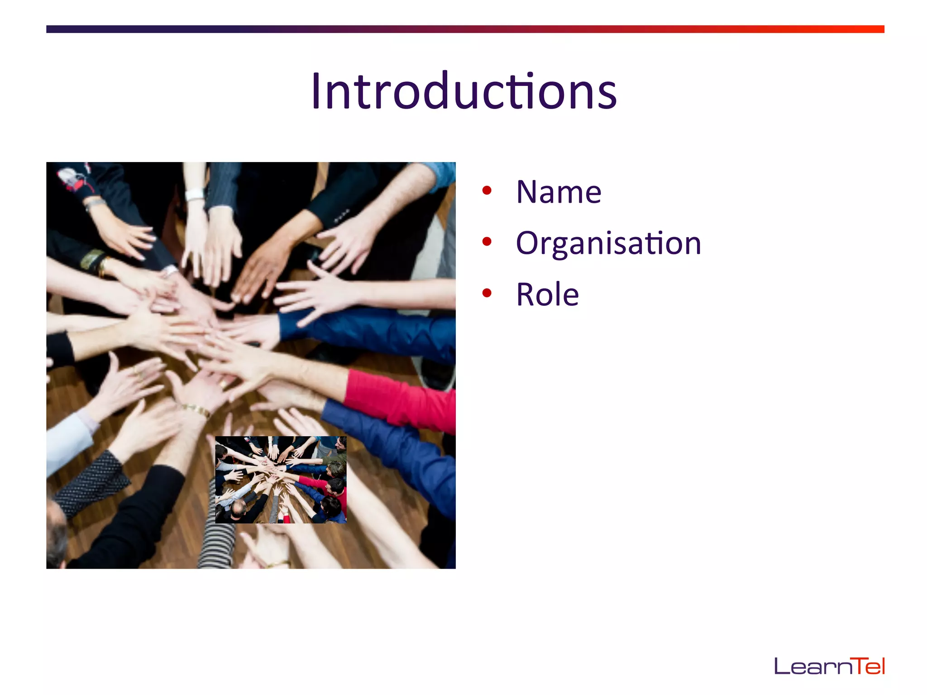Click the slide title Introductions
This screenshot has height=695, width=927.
pyautogui.click(x=464, y=91)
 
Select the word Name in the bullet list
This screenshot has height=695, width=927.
pyautogui.click(x=559, y=192)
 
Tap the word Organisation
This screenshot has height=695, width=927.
pyautogui.click(x=608, y=243)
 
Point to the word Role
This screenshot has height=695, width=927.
pyautogui.click(x=547, y=295)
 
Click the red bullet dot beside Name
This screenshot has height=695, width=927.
pyautogui.click(x=487, y=190)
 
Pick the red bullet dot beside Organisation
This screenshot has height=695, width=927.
pyautogui.click(x=487, y=242)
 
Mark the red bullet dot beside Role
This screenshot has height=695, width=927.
pyautogui.click(x=487, y=293)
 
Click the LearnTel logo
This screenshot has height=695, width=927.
pyautogui.click(x=829, y=666)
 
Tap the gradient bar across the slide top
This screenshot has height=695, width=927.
pyautogui.click(x=465, y=29)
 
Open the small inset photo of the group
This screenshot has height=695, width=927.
pyautogui.click(x=281, y=480)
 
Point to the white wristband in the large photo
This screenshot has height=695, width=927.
pyautogui.click(x=195, y=195)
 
